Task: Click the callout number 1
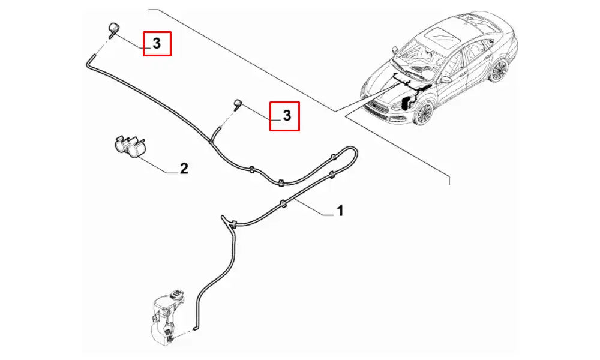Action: tap(340, 211)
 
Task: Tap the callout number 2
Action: tap(184, 169)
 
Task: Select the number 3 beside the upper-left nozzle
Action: tap(157, 44)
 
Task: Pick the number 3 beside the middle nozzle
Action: tap(287, 116)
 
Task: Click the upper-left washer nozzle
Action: tap(113, 29)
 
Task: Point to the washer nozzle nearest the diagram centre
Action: tap(238, 104)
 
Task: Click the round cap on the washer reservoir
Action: tap(176, 295)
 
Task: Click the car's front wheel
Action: tap(423, 113)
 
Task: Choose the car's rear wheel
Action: tap(498, 70)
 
